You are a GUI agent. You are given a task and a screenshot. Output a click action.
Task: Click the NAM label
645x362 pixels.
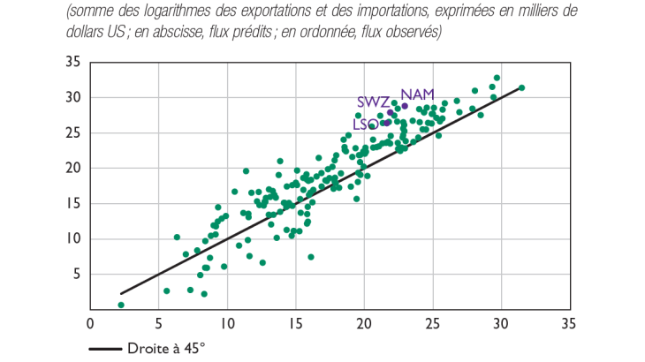click(417, 94)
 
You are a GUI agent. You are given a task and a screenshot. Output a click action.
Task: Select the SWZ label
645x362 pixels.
click(372, 102)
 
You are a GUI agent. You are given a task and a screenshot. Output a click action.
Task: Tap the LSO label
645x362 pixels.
click(365, 125)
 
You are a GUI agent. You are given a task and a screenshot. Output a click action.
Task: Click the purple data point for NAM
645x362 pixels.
click(405, 107)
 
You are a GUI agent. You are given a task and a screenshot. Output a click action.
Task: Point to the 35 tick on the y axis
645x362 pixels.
click(73, 62)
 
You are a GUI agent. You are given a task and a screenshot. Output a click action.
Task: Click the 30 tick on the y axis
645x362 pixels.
click(73, 97)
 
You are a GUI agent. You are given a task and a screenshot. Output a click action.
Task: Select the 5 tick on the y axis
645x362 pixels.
click(77, 274)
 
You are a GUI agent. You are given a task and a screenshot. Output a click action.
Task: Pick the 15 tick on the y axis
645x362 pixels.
click(73, 203)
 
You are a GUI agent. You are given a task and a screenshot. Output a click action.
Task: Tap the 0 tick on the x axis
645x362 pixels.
click(90, 323)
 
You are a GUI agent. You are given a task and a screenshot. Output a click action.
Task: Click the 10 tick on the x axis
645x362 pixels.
click(227, 323)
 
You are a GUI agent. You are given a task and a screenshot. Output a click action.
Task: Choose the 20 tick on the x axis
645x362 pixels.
click(364, 323)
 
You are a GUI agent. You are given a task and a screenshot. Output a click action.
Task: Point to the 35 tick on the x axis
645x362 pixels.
click(570, 323)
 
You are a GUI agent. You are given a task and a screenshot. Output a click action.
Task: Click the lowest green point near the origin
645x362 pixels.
click(121, 305)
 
